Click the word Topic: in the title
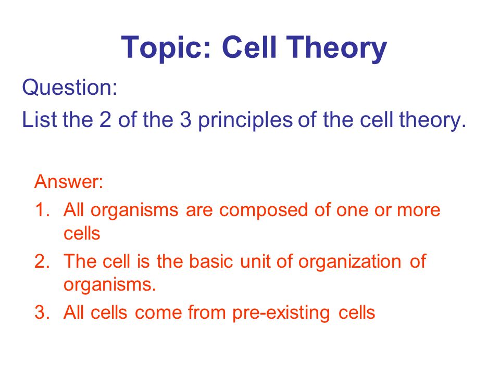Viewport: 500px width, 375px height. point(166,48)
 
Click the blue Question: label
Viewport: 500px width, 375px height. point(70,87)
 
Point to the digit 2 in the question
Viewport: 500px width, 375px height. point(105,119)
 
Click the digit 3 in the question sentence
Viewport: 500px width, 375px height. point(185,119)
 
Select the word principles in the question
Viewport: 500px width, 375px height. point(245,120)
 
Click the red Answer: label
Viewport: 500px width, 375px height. point(69,181)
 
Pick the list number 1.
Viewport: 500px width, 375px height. point(42,210)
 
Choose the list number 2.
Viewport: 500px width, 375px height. point(42,261)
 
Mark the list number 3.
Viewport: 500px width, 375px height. point(42,312)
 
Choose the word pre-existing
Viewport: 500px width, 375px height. point(281,314)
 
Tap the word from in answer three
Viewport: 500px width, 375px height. point(207,312)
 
